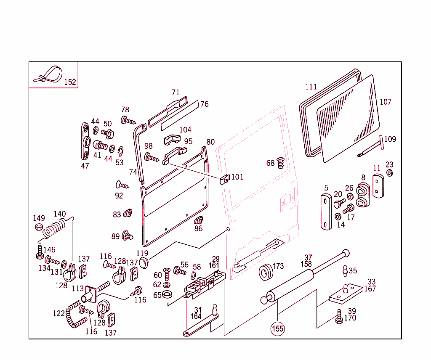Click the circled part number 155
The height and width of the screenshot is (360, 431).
[x=277, y=328]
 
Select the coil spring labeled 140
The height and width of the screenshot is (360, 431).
[x=56, y=230]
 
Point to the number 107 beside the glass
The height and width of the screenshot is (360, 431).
[x=385, y=102]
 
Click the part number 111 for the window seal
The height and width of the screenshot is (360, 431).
[x=311, y=87]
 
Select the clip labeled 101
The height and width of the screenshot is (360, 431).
[x=224, y=179]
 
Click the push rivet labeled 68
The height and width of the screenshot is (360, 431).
[x=281, y=162]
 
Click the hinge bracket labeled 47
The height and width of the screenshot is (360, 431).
[x=85, y=141]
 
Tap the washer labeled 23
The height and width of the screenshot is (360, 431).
[x=390, y=173]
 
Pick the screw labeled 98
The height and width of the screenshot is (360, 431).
[x=152, y=158]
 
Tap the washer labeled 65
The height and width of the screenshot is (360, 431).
[x=167, y=294]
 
